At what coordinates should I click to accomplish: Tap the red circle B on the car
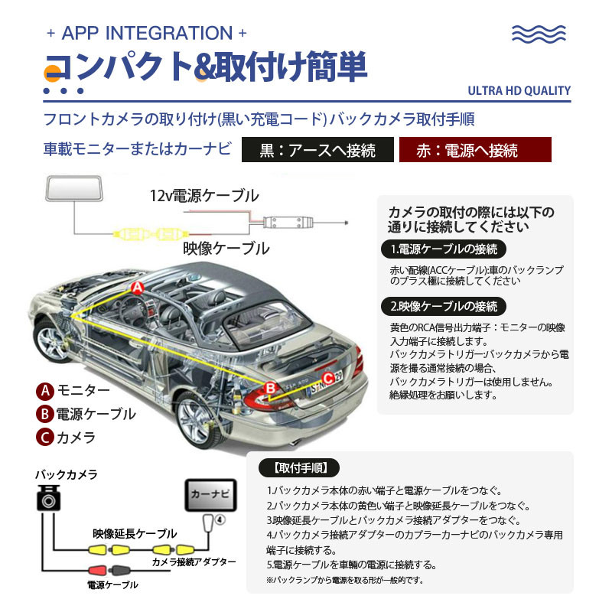(x=269, y=389)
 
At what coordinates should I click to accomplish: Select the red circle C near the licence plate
(x=327, y=376)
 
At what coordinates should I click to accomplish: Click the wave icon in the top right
(x=540, y=34)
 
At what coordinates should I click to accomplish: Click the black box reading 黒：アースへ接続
(x=318, y=150)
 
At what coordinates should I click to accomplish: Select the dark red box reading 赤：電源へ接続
(x=476, y=150)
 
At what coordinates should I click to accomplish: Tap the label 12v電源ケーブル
(x=203, y=196)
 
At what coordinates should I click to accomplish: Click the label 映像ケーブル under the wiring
(x=226, y=249)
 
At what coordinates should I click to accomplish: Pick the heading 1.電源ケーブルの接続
(x=444, y=249)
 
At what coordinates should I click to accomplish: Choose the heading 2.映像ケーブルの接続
(x=444, y=307)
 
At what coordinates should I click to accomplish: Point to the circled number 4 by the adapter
(x=220, y=519)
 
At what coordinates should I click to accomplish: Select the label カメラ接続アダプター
(x=193, y=563)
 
